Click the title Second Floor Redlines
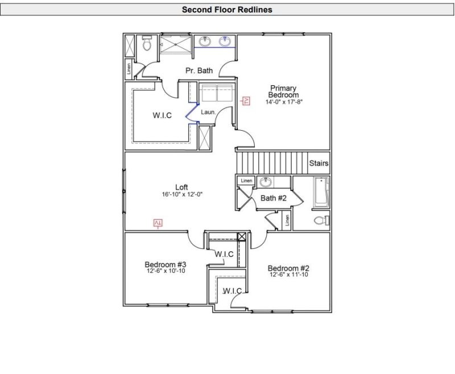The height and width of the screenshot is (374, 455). click(x=227, y=10)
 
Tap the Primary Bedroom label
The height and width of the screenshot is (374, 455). click(x=284, y=92)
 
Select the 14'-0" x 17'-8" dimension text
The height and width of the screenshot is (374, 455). click(x=284, y=103)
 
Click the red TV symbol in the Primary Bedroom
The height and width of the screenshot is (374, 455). click(x=246, y=101)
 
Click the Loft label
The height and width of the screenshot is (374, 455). click(x=181, y=187)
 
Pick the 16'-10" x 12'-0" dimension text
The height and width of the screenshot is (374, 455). click(x=182, y=194)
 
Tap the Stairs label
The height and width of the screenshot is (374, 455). click(x=318, y=163)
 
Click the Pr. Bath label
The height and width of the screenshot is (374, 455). click(x=199, y=71)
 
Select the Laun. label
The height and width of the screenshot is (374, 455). click(x=208, y=113)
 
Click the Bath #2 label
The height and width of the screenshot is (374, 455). click(x=273, y=198)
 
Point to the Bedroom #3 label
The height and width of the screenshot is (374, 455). click(x=166, y=264)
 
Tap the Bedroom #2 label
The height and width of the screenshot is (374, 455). click(x=288, y=268)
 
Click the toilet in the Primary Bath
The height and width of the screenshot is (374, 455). click(x=147, y=44)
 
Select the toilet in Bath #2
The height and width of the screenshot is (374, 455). click(x=320, y=221)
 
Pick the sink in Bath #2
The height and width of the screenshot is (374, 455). click(x=265, y=182)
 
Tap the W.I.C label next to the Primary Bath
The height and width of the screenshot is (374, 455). click(x=162, y=115)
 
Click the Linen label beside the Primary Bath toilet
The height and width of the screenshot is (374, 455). click(x=130, y=69)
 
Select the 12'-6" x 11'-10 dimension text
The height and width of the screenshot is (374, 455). click(x=288, y=275)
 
